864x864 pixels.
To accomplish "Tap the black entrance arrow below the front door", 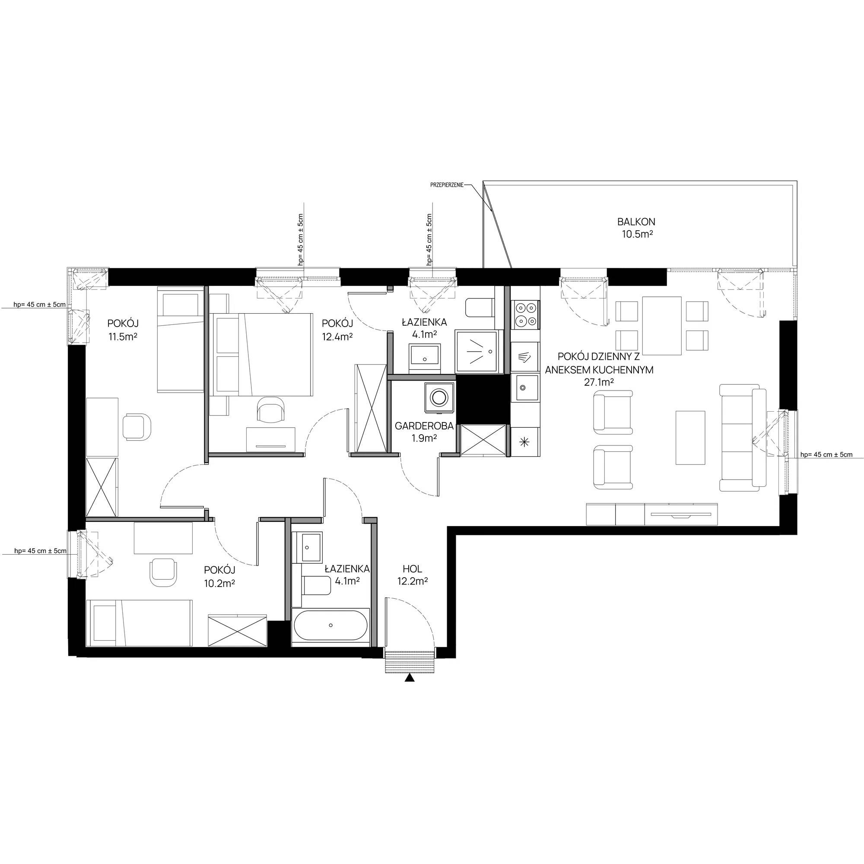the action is pyautogui.click(x=409, y=678).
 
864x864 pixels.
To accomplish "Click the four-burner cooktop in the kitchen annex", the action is pyautogui.click(x=525, y=314).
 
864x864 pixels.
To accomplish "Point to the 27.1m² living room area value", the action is pyautogui.click(x=599, y=382).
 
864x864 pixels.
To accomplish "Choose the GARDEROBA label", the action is pyautogui.click(x=424, y=426).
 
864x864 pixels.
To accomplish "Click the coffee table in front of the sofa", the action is pyautogui.click(x=690, y=438).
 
